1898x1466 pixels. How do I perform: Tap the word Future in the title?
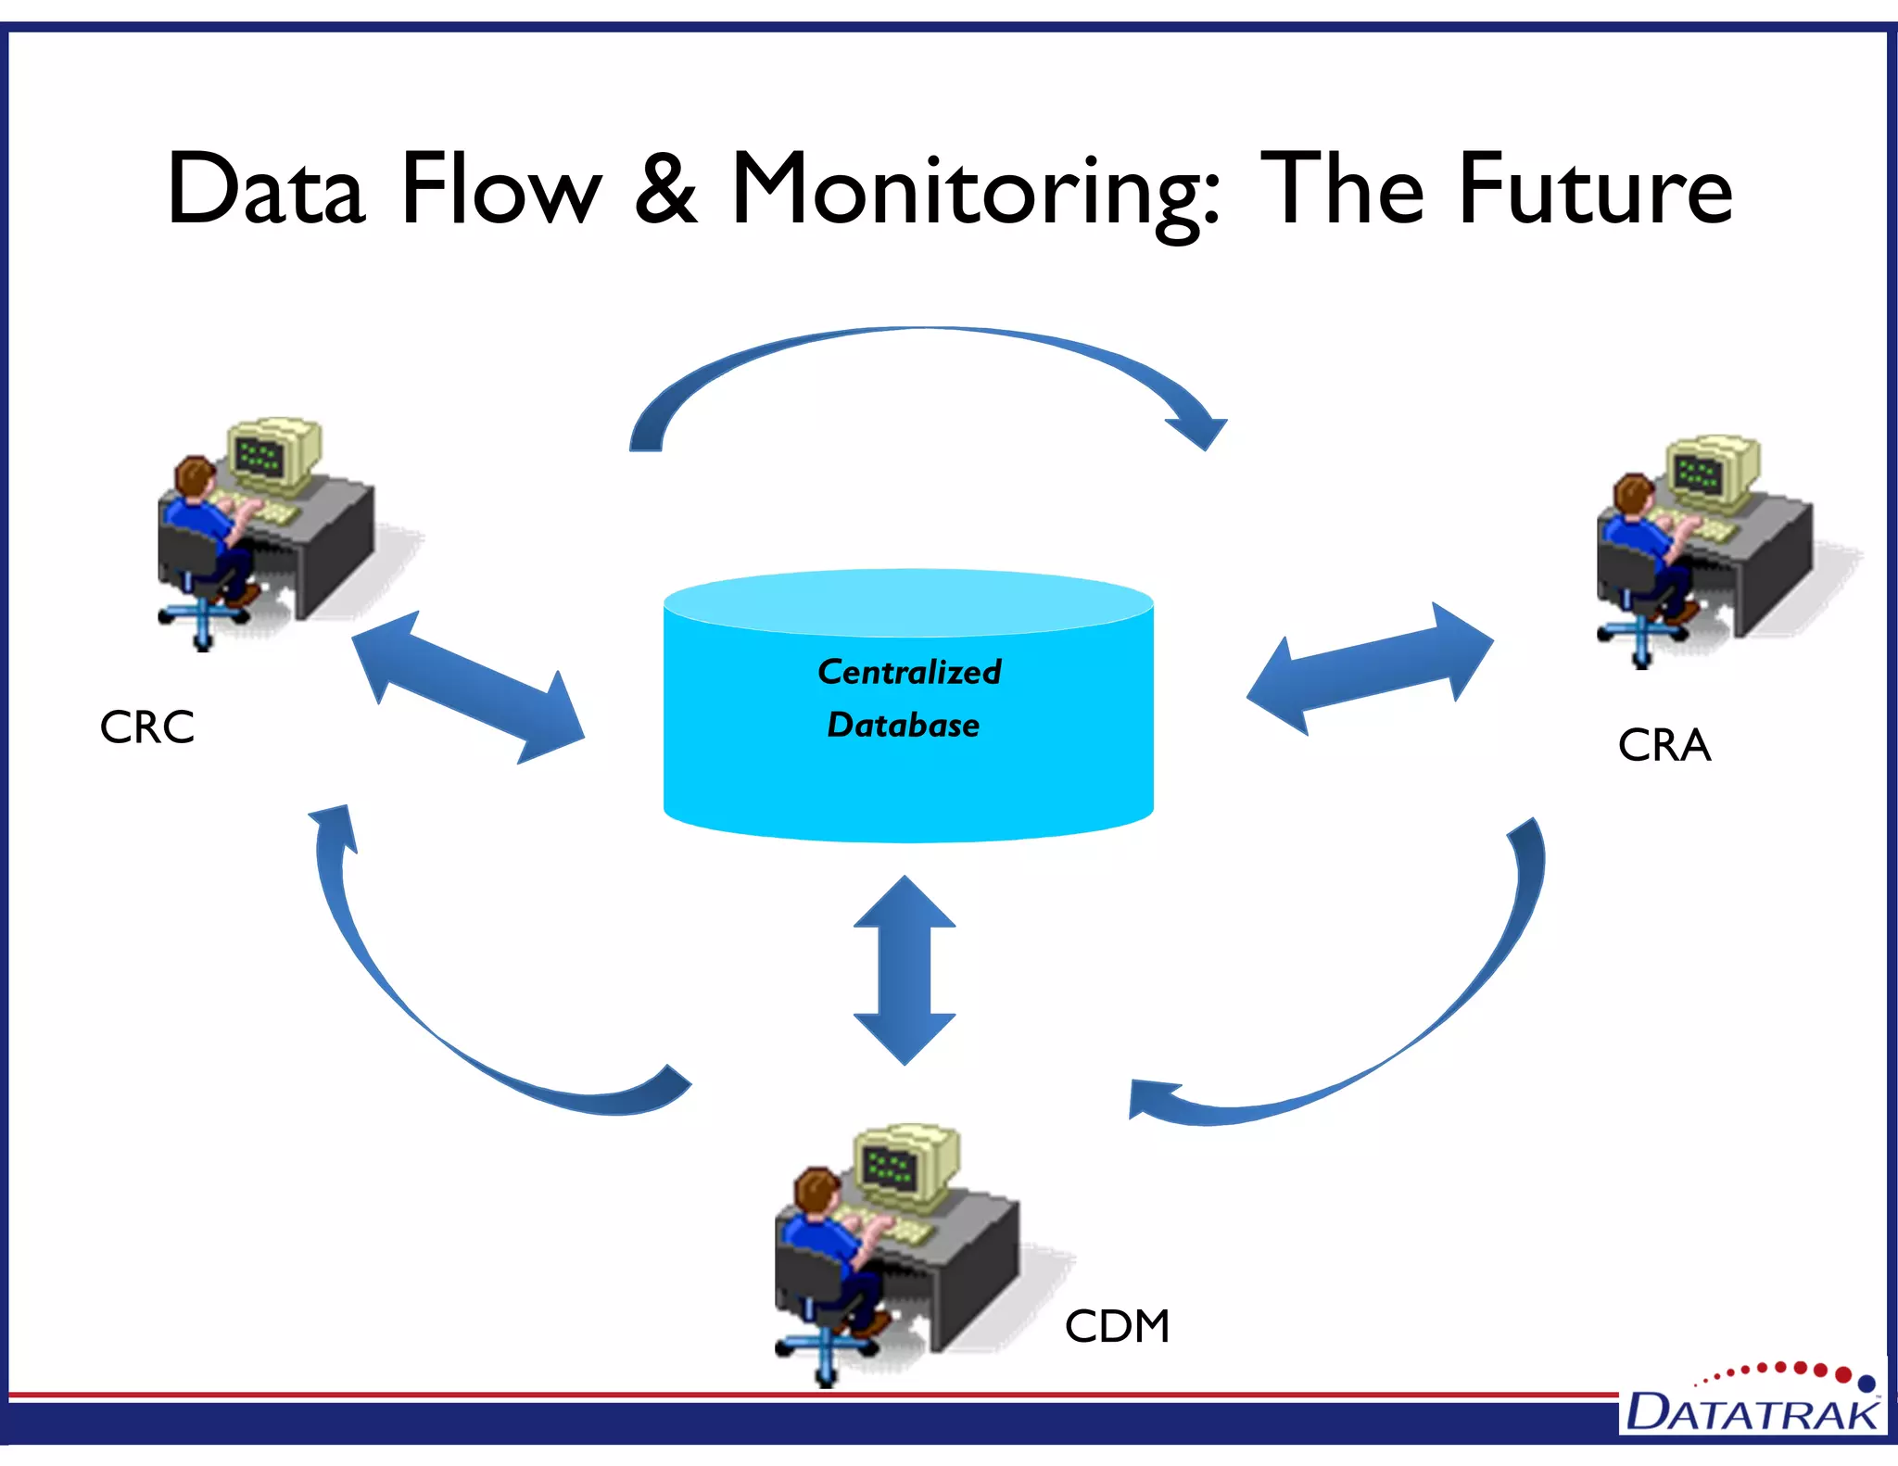point(1594,190)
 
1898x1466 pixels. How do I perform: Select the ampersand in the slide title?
point(665,190)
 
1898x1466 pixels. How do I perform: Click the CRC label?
point(147,727)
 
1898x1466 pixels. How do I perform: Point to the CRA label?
point(1664,746)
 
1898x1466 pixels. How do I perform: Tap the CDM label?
point(1117,1326)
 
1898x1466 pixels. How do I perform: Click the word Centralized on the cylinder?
point(909,672)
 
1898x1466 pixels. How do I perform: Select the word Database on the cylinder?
point(904,725)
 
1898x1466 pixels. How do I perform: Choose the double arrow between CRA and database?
point(1370,669)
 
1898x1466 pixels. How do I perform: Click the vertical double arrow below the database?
point(905,970)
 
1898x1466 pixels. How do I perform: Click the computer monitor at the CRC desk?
point(273,454)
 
